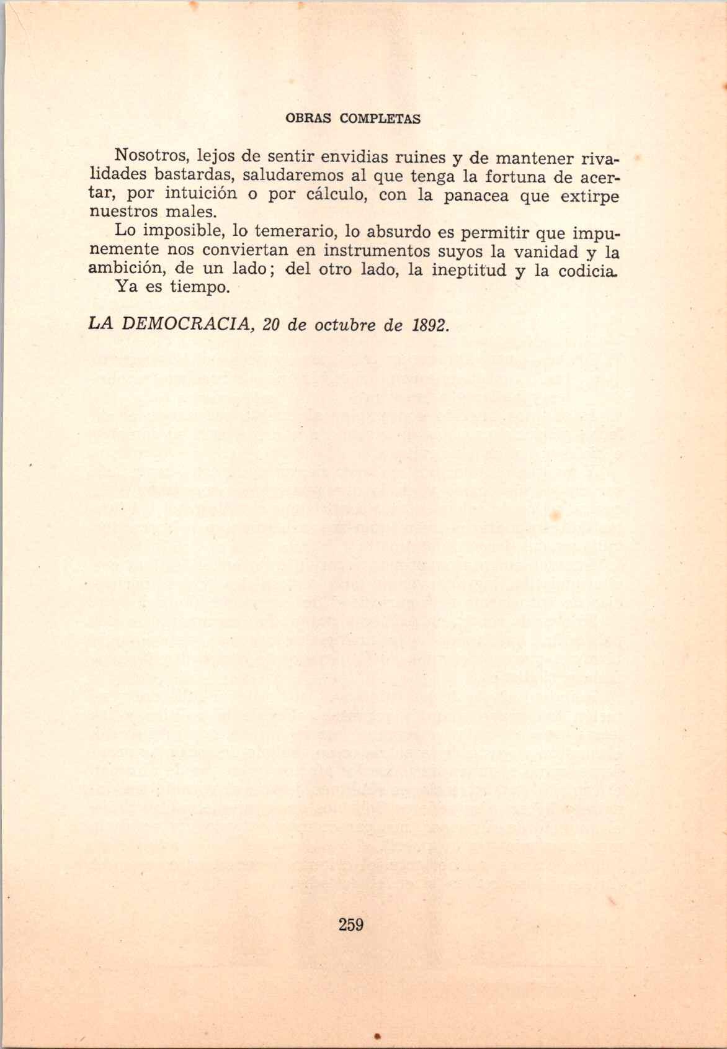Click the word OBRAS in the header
[x=309, y=119]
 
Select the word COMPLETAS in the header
[x=380, y=119]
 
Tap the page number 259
[x=351, y=924]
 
